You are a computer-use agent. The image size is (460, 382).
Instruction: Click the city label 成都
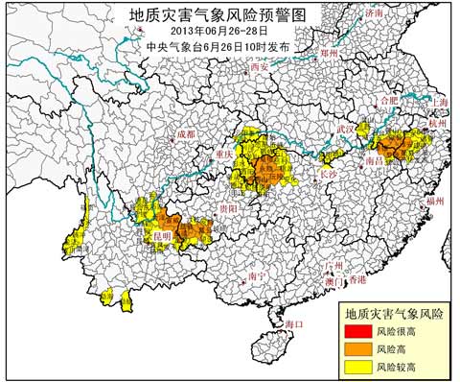[x=186, y=135]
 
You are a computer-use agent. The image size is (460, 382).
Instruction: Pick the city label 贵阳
[x=226, y=208]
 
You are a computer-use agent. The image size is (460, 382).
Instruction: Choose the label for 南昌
[x=376, y=164]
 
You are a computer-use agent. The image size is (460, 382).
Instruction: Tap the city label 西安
[x=259, y=69]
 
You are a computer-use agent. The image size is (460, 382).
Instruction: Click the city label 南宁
[x=256, y=276]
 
